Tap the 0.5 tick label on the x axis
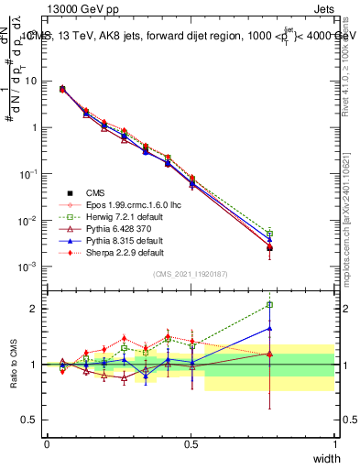[191, 443]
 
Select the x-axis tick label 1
[335, 443]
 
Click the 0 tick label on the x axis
[47, 443]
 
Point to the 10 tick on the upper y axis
[31, 81]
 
